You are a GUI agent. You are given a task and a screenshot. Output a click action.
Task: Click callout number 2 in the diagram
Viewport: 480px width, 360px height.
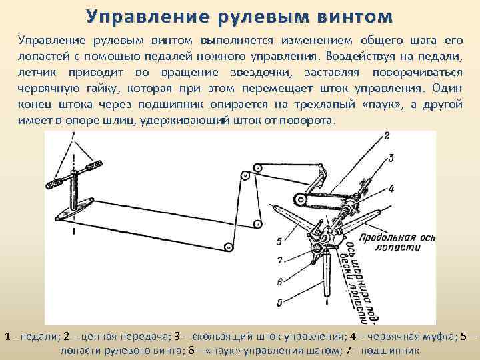click(x=386, y=136)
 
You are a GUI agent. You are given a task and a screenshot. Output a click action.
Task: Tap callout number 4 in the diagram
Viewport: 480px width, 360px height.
click(x=391, y=189)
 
